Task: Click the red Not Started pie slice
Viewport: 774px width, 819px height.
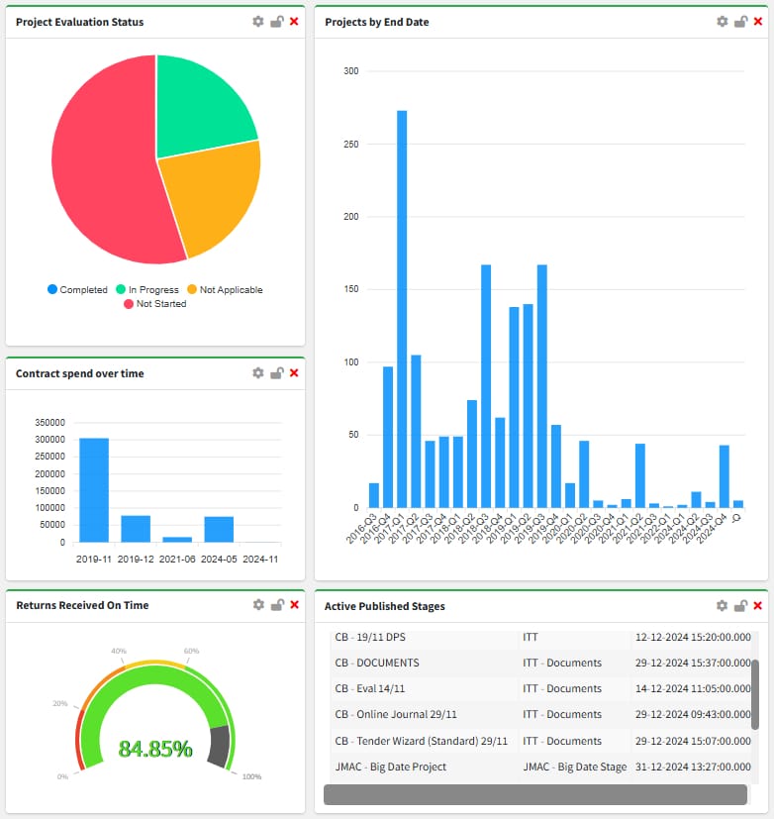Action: click(x=99, y=168)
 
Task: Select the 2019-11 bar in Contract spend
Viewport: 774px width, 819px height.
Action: click(x=94, y=489)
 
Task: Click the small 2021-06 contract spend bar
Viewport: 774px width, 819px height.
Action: click(x=177, y=539)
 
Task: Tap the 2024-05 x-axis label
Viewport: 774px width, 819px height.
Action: click(x=219, y=559)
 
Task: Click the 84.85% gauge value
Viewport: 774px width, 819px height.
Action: click(x=155, y=749)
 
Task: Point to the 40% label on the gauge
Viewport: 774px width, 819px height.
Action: click(x=118, y=651)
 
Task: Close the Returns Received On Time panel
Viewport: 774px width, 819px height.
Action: click(x=294, y=605)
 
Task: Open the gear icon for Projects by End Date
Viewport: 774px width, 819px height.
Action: click(x=723, y=22)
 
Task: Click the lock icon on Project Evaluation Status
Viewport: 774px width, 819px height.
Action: click(x=277, y=22)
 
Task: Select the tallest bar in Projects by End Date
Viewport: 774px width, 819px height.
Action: click(x=402, y=308)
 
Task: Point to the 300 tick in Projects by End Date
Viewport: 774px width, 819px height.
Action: click(x=350, y=71)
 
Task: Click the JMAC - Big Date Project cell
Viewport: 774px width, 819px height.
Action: click(x=390, y=767)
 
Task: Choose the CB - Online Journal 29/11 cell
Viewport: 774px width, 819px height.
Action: click(x=395, y=714)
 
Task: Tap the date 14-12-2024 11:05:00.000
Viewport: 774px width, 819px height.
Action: click(x=693, y=688)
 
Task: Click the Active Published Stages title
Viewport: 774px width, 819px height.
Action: click(x=385, y=606)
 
